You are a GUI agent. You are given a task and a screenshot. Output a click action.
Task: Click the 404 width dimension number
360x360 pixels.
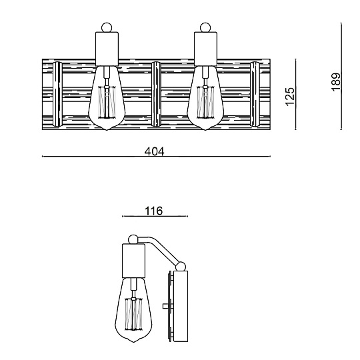click(155, 151)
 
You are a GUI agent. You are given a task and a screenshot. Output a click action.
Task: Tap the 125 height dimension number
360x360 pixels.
click(290, 97)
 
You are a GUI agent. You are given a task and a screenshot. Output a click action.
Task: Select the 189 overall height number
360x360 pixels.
click(335, 82)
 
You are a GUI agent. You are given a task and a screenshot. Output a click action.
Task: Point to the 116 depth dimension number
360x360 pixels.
click(153, 211)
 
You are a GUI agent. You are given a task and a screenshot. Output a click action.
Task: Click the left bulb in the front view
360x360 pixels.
click(107, 98)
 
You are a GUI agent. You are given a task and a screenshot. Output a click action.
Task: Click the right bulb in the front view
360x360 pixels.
click(205, 98)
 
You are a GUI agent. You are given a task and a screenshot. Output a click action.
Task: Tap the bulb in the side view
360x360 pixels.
click(133, 310)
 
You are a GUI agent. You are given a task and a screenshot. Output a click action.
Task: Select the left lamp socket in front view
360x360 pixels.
click(107, 49)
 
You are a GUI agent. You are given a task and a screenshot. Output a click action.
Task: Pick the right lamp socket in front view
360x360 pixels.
click(205, 49)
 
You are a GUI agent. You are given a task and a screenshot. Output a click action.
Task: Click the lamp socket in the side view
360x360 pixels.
click(133, 261)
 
